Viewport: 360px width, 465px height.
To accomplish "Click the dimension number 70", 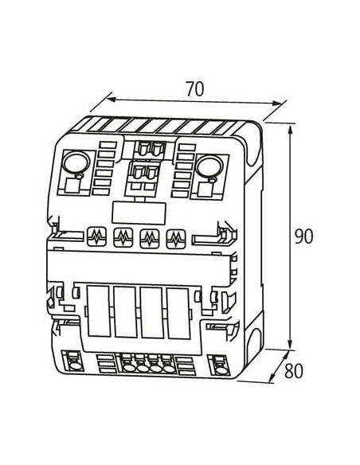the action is click(195, 88).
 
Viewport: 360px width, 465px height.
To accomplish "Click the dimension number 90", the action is click(303, 236).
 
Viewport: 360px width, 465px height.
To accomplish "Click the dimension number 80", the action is click(294, 371).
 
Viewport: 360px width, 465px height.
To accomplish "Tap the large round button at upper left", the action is click(76, 162).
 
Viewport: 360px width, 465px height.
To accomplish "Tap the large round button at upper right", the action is click(209, 166).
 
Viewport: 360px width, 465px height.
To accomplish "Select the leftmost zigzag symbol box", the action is click(96, 236).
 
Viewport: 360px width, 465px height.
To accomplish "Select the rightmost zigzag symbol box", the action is click(176, 239).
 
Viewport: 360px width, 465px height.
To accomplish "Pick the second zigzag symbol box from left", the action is click(123, 237).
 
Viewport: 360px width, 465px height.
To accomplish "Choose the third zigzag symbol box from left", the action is click(150, 238).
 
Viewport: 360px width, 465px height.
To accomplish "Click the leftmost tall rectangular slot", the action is click(99, 311).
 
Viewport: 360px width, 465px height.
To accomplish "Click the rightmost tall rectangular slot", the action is click(178, 313).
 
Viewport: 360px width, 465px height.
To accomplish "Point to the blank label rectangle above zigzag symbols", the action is click(139, 213).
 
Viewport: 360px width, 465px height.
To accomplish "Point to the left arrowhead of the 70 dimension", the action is click(111, 99).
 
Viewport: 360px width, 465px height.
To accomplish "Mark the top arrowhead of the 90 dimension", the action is click(291, 130).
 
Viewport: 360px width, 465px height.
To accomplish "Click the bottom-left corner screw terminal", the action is click(73, 361).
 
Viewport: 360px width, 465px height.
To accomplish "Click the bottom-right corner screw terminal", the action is click(220, 365).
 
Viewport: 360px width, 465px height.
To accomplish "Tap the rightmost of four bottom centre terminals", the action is click(169, 369).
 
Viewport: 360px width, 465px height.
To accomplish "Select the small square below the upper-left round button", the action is click(72, 186).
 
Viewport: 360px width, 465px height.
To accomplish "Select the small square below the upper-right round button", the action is click(205, 190).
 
